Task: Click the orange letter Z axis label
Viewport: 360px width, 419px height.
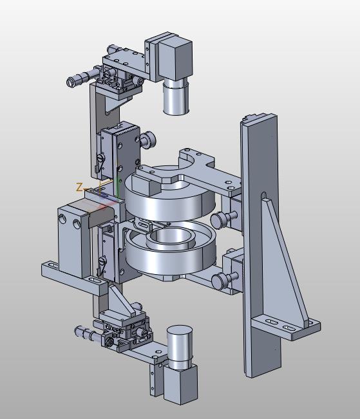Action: tap(79, 187)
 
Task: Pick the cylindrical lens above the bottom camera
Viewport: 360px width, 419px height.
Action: tap(180, 346)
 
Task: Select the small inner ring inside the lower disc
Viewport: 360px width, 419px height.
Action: tap(169, 239)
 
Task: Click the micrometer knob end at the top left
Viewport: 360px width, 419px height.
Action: tap(71, 82)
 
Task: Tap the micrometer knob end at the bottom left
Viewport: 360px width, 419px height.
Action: tap(78, 331)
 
